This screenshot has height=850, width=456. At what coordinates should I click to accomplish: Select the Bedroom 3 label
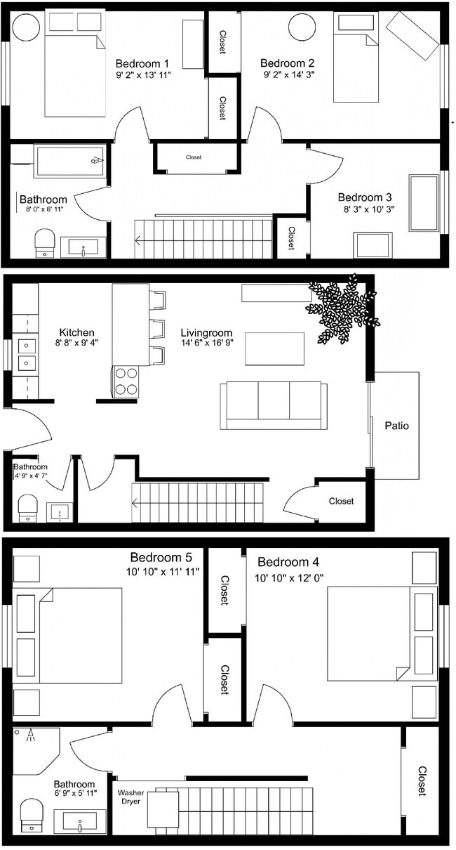click(x=364, y=197)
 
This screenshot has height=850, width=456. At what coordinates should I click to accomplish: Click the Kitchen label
click(x=76, y=332)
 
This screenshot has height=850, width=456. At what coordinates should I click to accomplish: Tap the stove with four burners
click(x=126, y=381)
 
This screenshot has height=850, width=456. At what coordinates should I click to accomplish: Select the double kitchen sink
click(x=26, y=354)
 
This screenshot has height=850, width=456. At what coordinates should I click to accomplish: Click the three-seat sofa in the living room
click(x=274, y=405)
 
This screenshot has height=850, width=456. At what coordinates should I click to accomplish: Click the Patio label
click(x=396, y=426)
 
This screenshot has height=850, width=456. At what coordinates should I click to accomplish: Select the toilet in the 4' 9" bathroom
click(x=28, y=508)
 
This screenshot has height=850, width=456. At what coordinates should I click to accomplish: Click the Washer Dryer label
click(x=130, y=797)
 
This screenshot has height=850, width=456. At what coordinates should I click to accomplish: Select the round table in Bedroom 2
click(x=302, y=29)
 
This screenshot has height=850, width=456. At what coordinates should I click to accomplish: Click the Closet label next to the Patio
click(x=341, y=501)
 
